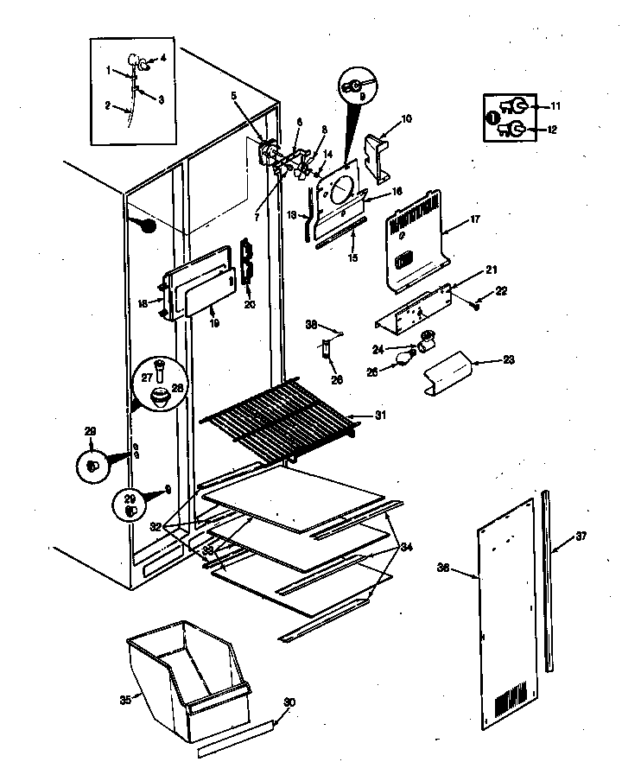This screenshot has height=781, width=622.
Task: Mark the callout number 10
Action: tap(406, 117)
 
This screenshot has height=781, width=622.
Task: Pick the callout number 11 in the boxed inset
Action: tap(555, 105)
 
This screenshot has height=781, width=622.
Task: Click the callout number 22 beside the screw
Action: tap(501, 291)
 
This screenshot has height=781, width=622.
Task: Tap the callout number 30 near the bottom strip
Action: tap(289, 702)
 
